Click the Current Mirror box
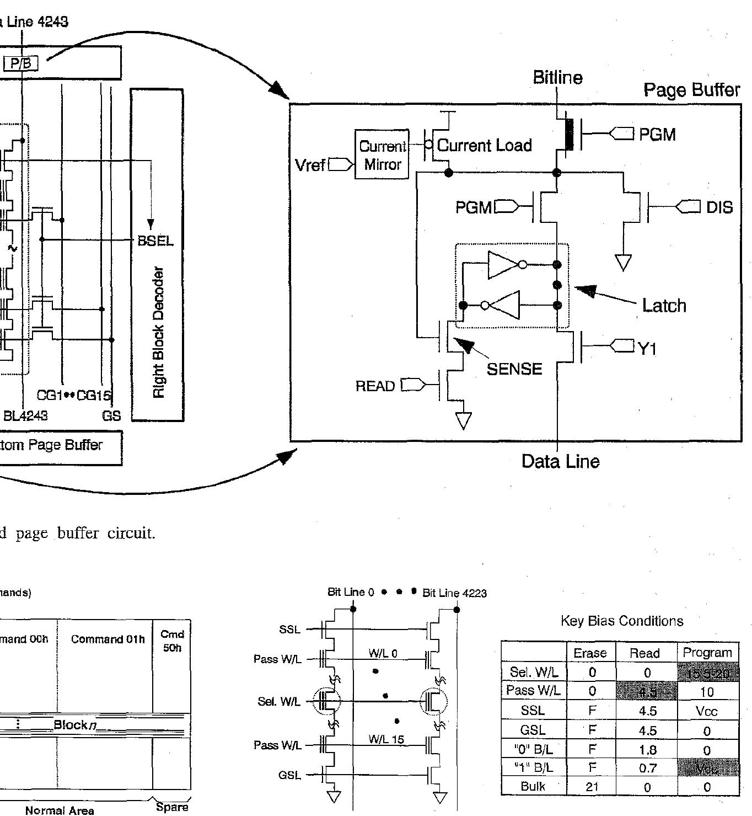coord(382,154)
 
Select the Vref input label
coord(311,165)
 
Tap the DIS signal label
coord(719,207)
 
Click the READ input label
coord(375,386)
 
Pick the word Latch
coord(664,306)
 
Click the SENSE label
coord(514,369)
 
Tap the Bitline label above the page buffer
coord(557,78)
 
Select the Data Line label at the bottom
coord(560,461)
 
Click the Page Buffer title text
coord(691,90)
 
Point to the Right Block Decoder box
coord(157,254)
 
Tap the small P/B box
coord(22,63)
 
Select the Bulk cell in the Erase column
coord(591,786)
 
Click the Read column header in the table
coord(644,653)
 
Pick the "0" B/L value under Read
coord(647,749)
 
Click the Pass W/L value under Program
coord(707,692)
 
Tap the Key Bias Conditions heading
coord(621,621)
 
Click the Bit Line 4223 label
coord(454,593)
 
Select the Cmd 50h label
coord(172,641)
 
